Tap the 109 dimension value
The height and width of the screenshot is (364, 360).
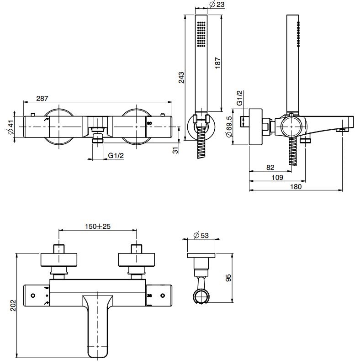(x=276, y=177)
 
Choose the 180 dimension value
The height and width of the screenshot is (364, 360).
(x=296, y=186)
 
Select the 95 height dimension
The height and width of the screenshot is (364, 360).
(x=229, y=278)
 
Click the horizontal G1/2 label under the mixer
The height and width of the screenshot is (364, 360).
(x=116, y=155)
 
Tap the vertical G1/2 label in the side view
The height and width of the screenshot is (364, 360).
(x=239, y=98)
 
